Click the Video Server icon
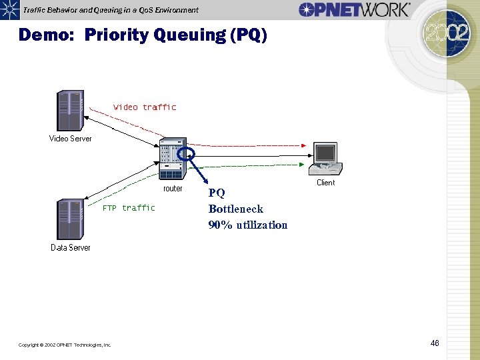coord(70,111)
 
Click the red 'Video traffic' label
coord(145,107)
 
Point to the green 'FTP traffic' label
coord(129,208)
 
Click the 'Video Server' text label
coord(71,139)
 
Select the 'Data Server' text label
coord(71,248)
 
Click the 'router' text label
coord(173,189)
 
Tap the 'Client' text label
coord(326,183)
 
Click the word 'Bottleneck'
coord(235,209)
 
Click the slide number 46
coord(435,343)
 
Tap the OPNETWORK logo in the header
coord(354,9)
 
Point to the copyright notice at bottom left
coord(65,345)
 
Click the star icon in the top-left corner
coord(8,10)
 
